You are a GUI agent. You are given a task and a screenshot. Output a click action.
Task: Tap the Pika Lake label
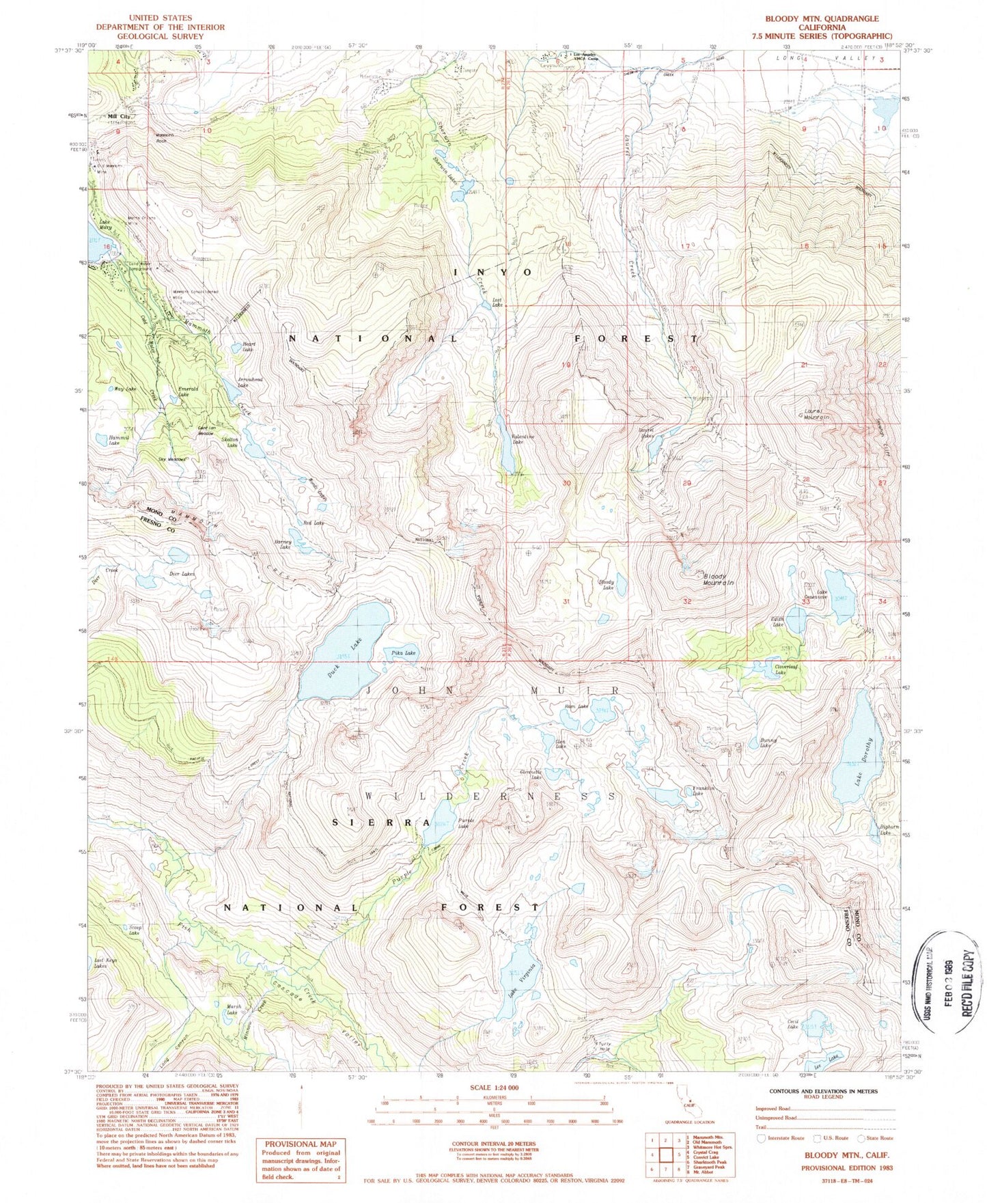[403, 653]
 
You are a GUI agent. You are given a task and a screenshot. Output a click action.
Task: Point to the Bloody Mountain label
[718, 579]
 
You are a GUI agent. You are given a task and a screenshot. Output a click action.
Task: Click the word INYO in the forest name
[493, 271]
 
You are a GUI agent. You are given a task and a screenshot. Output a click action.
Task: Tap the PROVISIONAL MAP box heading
[301, 1144]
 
